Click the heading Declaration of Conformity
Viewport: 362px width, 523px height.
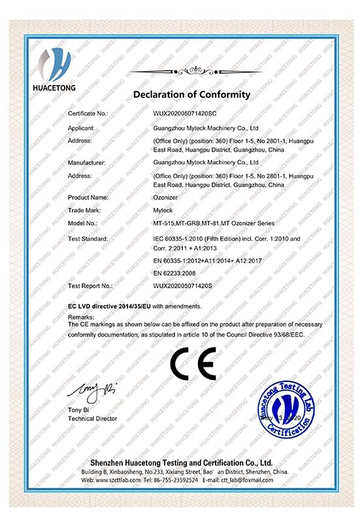191,95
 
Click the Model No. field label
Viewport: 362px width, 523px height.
83,224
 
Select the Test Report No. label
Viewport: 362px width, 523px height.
91,286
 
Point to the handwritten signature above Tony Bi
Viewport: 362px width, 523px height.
93,391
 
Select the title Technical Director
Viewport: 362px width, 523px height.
93,418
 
